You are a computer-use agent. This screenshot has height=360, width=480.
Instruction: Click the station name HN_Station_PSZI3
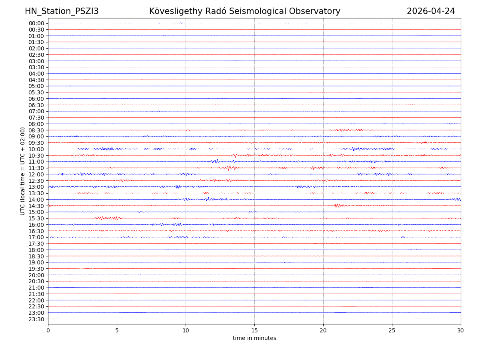point(62,11)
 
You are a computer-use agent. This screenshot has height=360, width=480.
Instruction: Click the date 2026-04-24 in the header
point(431,11)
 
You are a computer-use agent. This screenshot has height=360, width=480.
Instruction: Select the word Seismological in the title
point(265,11)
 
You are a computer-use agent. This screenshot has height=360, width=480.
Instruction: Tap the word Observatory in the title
point(319,11)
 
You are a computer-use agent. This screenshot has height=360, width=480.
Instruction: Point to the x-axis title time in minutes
point(254,338)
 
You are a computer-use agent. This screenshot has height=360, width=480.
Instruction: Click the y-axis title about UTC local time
point(23,171)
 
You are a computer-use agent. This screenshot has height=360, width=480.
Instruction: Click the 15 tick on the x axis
point(254,331)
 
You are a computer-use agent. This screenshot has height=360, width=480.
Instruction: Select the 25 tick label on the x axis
point(392,331)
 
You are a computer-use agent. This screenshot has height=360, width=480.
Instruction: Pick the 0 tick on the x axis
point(48,331)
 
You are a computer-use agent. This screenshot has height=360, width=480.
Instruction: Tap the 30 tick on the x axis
point(461,331)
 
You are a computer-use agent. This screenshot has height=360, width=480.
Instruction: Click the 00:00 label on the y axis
point(36,23)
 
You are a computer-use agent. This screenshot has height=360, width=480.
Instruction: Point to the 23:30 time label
point(36,319)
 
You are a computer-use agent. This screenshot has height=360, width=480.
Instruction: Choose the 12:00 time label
point(36,174)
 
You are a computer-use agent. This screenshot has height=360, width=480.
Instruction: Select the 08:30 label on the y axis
point(36,130)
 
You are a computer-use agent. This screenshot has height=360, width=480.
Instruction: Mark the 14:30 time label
point(36,206)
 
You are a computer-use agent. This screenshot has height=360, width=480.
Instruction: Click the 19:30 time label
point(36,269)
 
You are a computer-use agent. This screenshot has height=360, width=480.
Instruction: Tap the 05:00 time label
point(36,86)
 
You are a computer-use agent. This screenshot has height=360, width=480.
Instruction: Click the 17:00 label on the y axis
point(36,237)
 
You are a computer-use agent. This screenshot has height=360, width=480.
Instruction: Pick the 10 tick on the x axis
point(186,331)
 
